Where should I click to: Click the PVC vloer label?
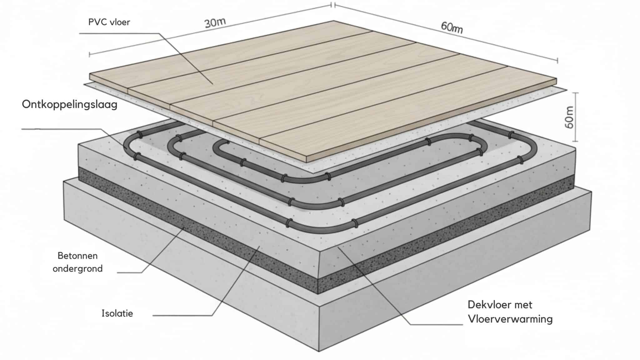109,22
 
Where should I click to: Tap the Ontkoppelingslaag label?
69,104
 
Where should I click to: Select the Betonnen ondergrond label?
77,262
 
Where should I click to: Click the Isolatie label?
117,313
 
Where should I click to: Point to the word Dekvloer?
489,305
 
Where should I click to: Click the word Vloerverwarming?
510,319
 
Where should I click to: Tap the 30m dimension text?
215,23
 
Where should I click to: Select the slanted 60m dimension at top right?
452,27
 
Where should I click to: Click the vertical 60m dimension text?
569,117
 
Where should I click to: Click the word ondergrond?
77,268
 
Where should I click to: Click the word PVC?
97,22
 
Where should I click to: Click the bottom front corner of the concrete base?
319,351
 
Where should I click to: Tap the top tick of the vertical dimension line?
577,93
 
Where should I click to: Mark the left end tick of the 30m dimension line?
90,55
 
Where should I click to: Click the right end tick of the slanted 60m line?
557,61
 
